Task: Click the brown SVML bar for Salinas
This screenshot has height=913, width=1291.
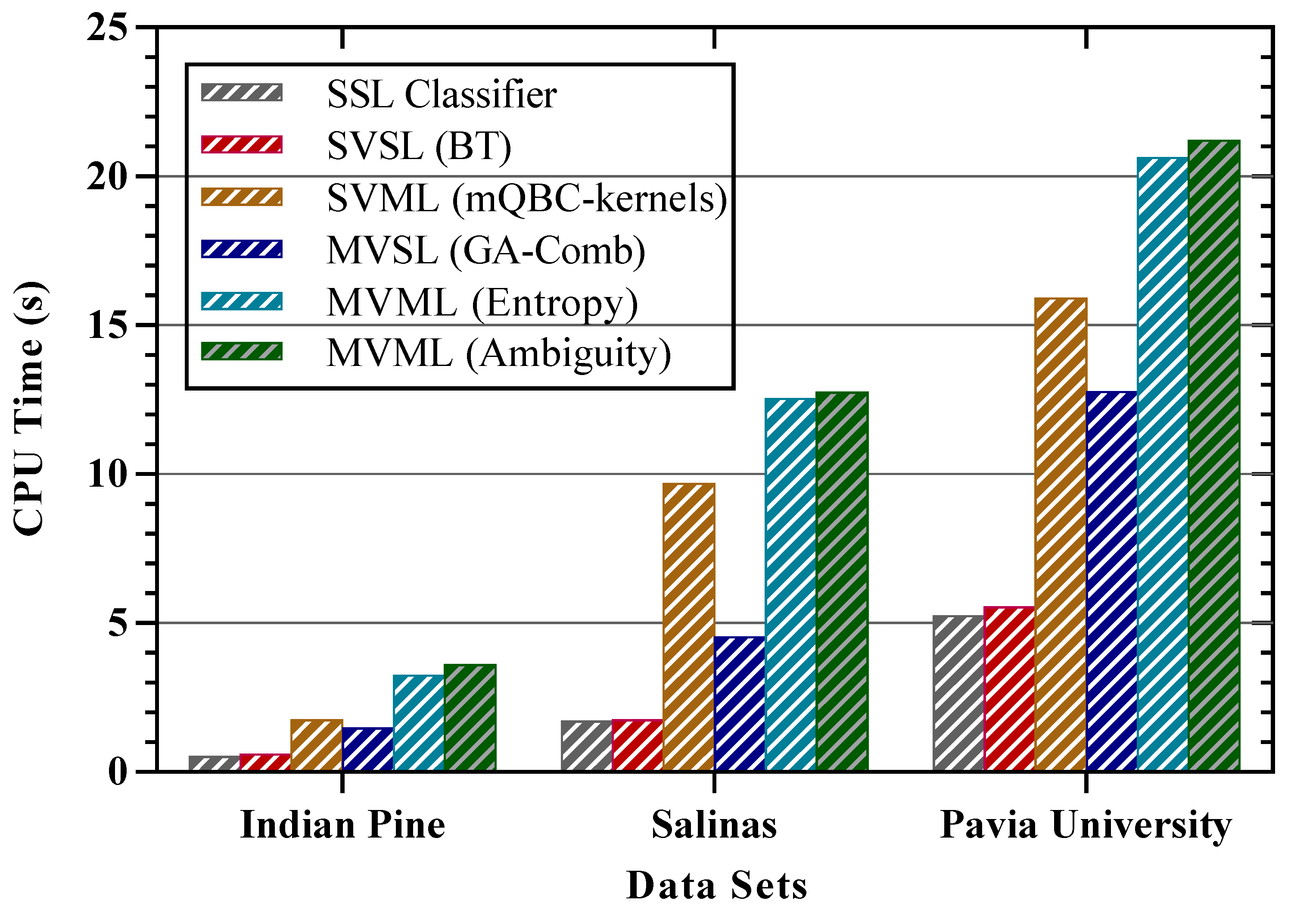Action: [x=688, y=627]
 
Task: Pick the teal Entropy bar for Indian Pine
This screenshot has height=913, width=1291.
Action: [x=418, y=722]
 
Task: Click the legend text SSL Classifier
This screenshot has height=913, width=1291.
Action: [x=442, y=94]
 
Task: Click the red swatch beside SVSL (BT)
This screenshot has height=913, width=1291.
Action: [x=242, y=144]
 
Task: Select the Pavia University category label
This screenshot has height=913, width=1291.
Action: [x=1085, y=825]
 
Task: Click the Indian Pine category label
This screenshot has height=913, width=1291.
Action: [x=342, y=825]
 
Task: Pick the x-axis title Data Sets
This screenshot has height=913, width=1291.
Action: [x=716, y=886]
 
